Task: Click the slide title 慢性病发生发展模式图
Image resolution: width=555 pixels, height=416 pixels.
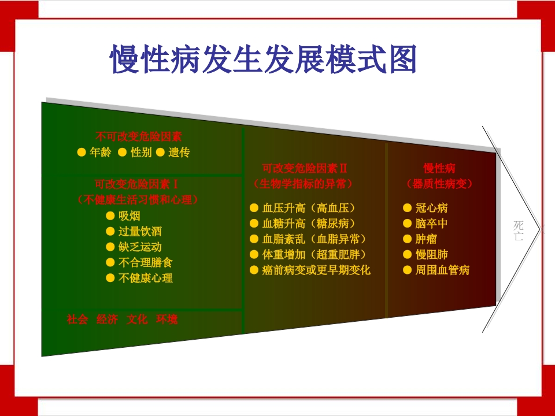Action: tap(264, 60)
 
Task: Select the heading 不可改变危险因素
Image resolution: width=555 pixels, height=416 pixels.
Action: tap(139, 137)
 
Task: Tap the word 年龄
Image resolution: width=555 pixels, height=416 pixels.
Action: tap(101, 153)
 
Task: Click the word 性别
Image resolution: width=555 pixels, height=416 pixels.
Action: tap(141, 153)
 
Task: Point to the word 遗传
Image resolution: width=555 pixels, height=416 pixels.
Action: tap(179, 153)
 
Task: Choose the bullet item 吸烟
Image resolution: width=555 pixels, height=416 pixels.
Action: tap(129, 216)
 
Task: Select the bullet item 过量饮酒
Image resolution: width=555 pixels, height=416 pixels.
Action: tap(139, 232)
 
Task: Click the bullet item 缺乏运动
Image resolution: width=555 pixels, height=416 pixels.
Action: tap(139, 247)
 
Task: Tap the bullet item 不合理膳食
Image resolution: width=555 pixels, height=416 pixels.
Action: tap(145, 262)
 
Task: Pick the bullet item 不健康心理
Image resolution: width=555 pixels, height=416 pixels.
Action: tap(145, 278)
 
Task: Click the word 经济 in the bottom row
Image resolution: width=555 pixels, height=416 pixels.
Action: tap(107, 319)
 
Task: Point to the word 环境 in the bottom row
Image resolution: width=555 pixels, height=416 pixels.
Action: tap(167, 319)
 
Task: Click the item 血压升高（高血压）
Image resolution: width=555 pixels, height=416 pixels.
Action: tap(309, 208)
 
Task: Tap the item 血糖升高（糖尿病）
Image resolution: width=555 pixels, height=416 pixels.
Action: tap(309, 224)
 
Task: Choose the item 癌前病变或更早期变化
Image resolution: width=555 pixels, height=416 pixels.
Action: tap(316, 270)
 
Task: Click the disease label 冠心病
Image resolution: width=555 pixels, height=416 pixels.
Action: tap(431, 208)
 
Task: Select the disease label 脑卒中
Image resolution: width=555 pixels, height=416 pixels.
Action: tap(431, 224)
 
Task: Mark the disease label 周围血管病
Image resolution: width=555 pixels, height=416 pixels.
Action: tap(442, 270)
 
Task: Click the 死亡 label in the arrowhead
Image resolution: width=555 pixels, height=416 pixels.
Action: tap(519, 231)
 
